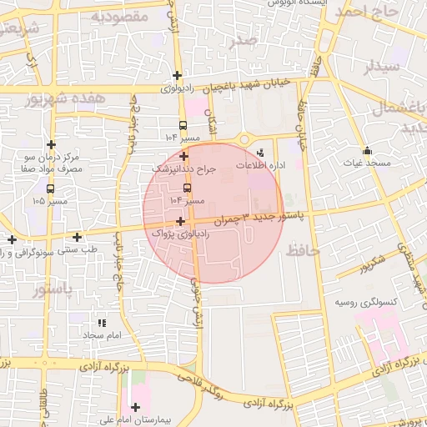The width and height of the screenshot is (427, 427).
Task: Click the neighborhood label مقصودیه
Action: [118, 16]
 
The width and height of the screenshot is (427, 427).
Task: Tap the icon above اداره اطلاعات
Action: [261, 153]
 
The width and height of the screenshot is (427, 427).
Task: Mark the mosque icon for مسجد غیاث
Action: [367, 151]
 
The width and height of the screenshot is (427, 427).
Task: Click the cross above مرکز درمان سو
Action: [52, 144]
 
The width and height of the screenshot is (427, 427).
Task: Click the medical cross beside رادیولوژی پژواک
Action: [181, 221]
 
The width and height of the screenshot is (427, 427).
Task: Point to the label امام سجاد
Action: [102, 334]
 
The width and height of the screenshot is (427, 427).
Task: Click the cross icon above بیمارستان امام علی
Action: [135, 406]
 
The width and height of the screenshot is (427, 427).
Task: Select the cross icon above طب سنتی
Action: [77, 237]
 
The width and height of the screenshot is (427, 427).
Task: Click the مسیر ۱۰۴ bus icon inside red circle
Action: [186, 187]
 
